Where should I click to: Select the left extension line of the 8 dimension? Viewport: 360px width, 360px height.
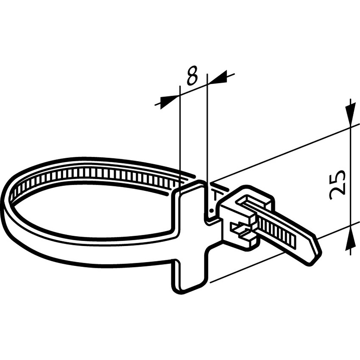[179, 135]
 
